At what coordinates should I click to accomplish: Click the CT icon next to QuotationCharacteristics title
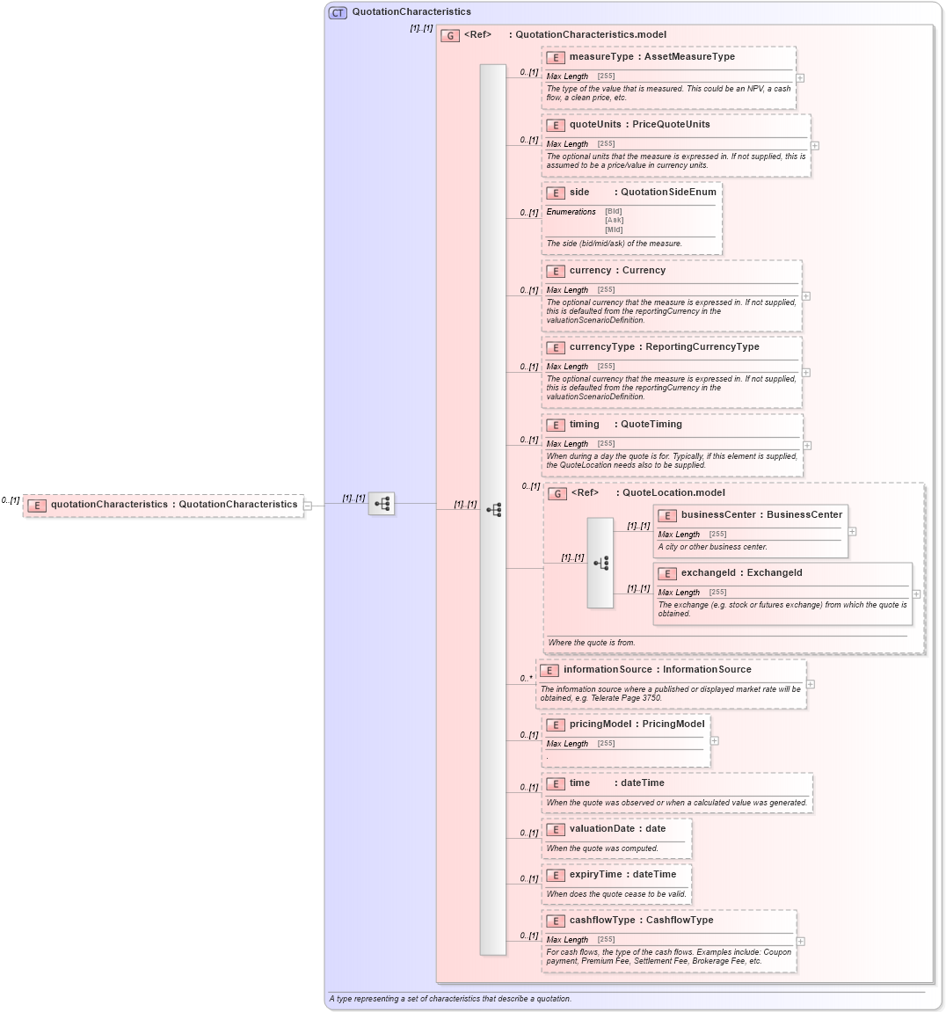[338, 12]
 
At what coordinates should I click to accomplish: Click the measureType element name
[601, 57]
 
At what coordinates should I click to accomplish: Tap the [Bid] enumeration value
[613, 211]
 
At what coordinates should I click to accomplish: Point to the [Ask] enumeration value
[613, 221]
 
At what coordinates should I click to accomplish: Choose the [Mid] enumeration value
[613, 229]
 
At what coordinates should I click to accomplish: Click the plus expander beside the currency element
[806, 296]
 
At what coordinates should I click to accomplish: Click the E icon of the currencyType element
[555, 348]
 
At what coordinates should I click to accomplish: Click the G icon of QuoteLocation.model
[557, 494]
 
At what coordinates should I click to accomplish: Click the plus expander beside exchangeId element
[916, 594]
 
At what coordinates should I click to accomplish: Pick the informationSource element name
[608, 670]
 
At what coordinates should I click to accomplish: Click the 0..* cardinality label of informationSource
[526, 678]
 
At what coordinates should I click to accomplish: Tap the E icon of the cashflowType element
[555, 921]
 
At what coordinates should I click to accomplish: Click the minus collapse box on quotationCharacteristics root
[307, 506]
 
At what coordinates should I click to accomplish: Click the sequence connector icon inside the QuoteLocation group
[600, 563]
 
